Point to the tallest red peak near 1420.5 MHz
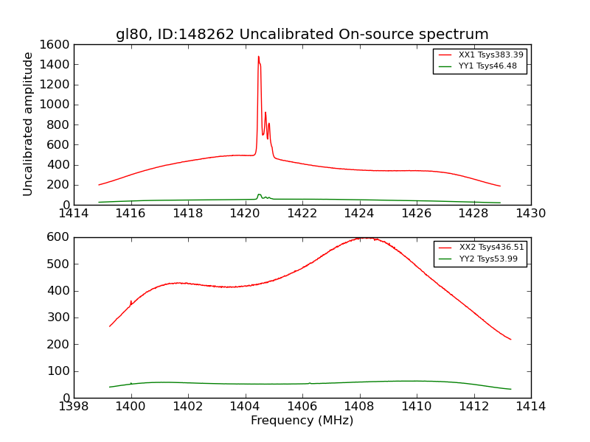click(258, 57)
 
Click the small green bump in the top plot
click(259, 195)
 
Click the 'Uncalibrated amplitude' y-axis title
click(29, 124)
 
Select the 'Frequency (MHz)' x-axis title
click(302, 421)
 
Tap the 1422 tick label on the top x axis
click(302, 214)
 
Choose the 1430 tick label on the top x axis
click(530, 214)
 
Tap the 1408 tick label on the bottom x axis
click(359, 407)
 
